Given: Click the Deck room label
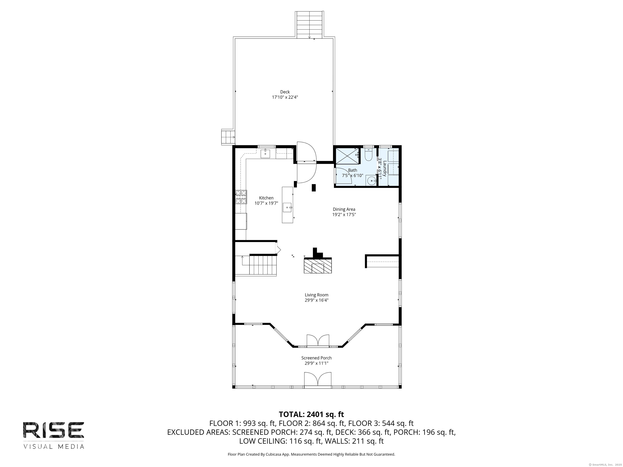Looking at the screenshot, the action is (285, 92).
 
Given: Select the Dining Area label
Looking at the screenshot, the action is (344, 209).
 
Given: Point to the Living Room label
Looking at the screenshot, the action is (316, 295).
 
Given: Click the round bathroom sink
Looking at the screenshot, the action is (372, 180).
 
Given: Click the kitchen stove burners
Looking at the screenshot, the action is (241, 197).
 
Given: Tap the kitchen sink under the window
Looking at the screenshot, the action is (265, 154).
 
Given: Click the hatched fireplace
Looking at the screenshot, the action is (318, 266).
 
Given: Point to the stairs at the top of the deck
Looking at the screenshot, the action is (309, 25).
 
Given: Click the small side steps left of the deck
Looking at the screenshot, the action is (228, 137).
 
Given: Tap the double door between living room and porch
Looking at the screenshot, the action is (318, 340).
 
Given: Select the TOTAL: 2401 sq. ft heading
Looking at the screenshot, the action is (311, 414).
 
